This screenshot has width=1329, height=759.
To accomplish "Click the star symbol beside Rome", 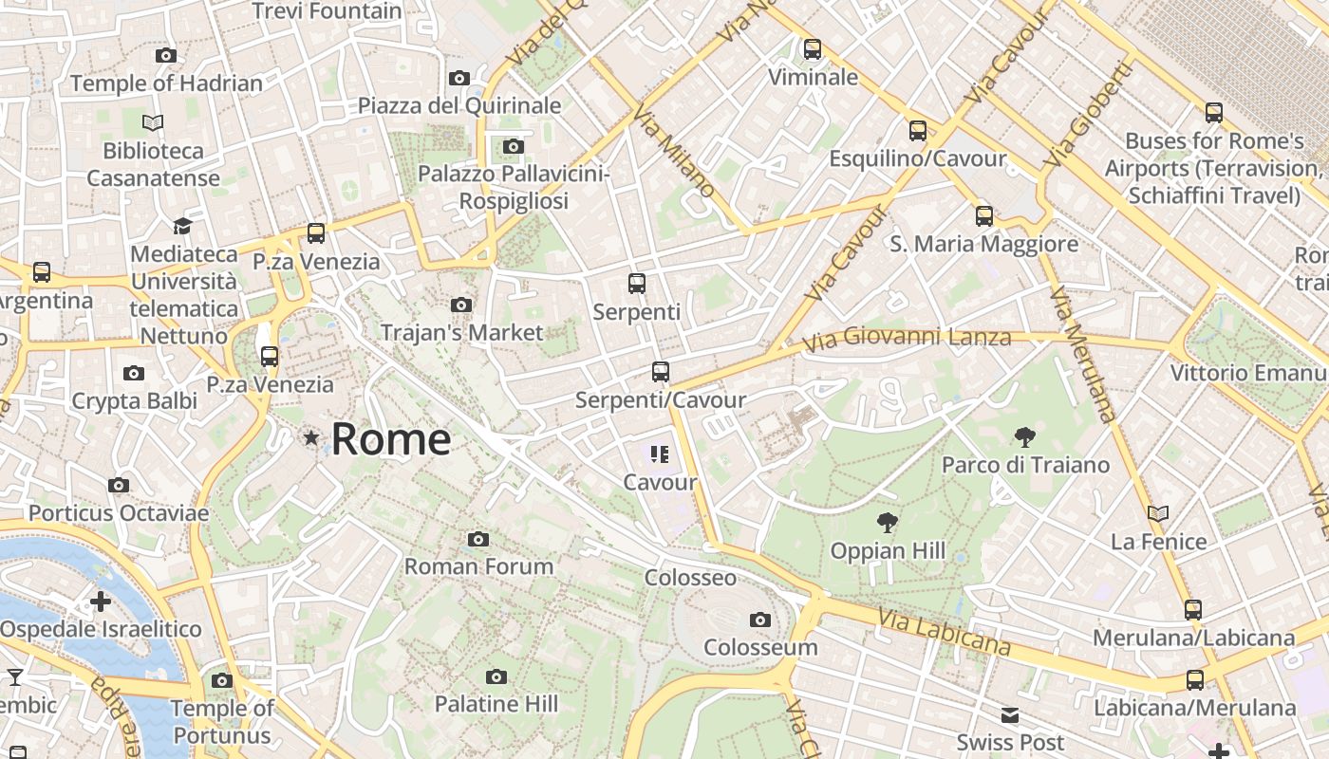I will [310, 437].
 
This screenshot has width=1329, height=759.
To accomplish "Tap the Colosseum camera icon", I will [759, 620].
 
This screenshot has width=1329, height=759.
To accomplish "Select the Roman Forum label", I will [478, 566].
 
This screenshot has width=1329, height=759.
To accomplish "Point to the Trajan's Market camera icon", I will [461, 305].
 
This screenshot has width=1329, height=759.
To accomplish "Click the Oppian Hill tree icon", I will [888, 522].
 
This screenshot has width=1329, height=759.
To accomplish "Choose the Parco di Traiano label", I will [1025, 465].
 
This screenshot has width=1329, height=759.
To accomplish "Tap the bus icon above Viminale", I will [813, 48].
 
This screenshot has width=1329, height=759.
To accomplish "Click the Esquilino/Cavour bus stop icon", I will [917, 131].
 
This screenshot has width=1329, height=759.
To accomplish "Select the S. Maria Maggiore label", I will [983, 244].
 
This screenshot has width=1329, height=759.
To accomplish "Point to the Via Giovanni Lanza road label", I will [907, 338].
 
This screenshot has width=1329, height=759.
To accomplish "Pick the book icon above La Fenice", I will [1158, 513].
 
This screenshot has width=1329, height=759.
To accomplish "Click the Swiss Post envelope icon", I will [1009, 714].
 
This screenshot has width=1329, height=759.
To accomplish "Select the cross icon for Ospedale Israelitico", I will [101, 602].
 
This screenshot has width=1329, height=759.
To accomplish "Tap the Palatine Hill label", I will [496, 704].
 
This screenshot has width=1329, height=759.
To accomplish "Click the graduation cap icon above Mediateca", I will [182, 226].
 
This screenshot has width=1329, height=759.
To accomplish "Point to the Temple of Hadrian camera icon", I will [166, 56].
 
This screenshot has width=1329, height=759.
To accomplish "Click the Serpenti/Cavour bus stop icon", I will [661, 372].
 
